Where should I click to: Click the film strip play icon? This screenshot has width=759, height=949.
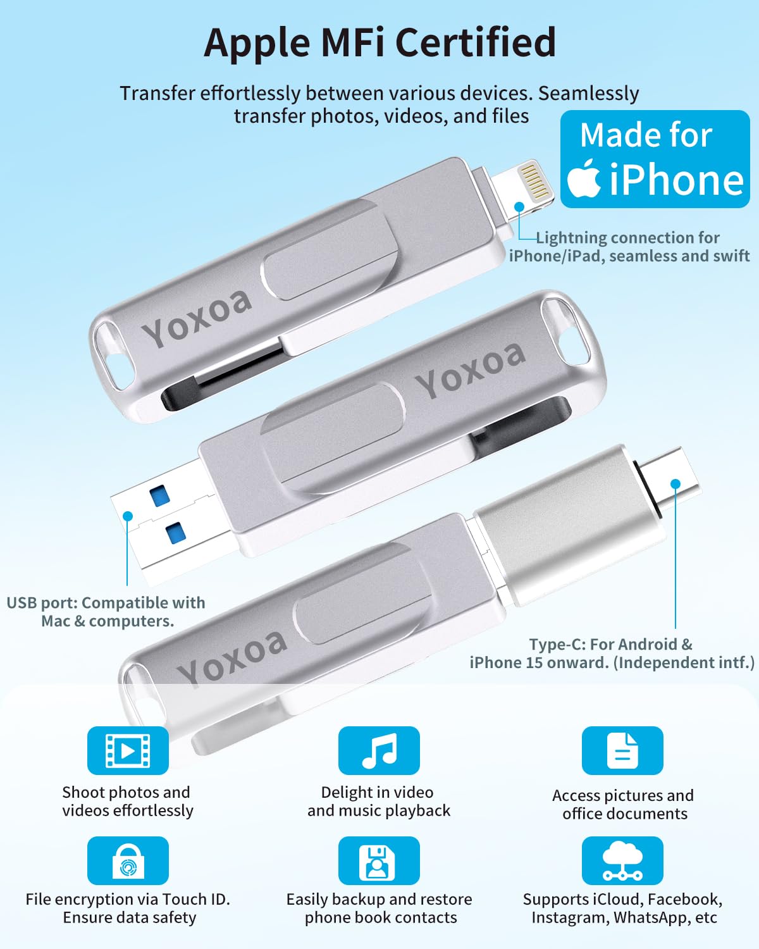(128, 750)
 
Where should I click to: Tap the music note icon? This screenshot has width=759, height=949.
(379, 750)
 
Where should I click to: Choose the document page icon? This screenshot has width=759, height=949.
(622, 750)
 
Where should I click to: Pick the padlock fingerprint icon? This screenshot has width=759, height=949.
(128, 861)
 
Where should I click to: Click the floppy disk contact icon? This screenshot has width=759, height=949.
(379, 861)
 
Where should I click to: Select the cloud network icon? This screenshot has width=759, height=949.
(622, 861)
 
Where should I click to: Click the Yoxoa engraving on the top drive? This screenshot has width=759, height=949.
(196, 317)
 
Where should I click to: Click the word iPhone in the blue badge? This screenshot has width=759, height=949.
(676, 180)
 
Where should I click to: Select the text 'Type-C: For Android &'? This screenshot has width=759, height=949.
(610, 644)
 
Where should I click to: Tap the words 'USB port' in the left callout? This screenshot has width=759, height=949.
(42, 603)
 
